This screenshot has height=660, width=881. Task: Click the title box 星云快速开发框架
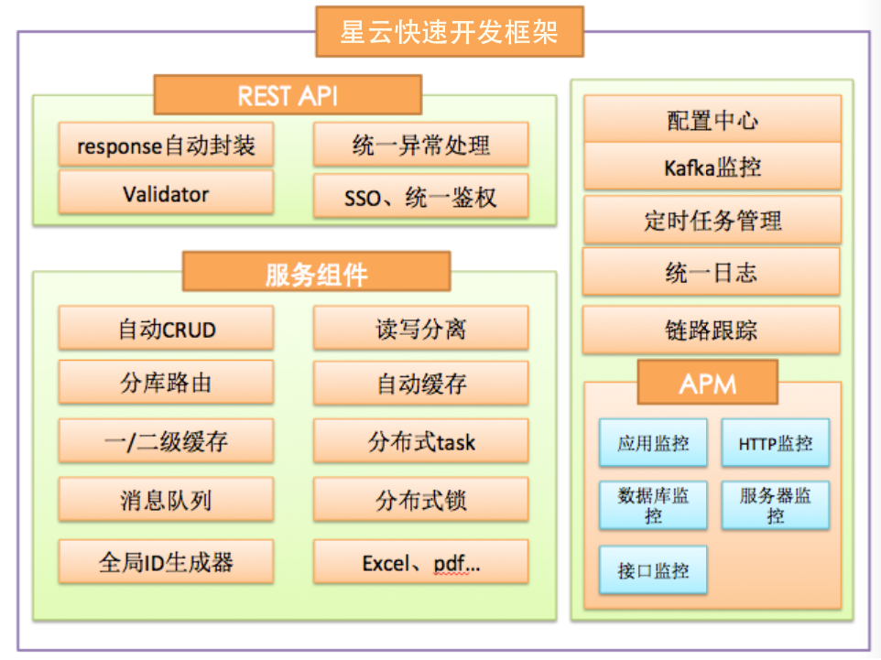(x=450, y=31)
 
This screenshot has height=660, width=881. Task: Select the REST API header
(x=288, y=95)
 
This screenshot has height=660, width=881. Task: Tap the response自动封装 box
(x=167, y=145)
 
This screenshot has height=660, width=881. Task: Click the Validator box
(x=167, y=192)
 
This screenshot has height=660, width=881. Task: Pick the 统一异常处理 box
(x=421, y=145)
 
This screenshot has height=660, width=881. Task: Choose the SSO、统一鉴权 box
(x=421, y=196)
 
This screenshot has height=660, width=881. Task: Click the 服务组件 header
(x=316, y=271)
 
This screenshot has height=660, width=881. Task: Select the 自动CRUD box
(x=167, y=328)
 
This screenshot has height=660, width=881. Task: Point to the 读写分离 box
(x=421, y=328)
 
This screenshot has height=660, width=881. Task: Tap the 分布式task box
(x=421, y=441)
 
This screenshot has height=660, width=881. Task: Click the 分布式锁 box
(x=421, y=500)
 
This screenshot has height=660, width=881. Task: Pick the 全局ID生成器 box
(x=167, y=562)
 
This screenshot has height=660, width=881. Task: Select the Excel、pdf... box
(x=421, y=562)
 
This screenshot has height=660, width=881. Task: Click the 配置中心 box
(x=712, y=118)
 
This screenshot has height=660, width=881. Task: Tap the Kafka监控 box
(x=712, y=167)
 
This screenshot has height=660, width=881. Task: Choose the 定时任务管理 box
(x=712, y=220)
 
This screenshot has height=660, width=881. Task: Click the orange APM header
(x=708, y=383)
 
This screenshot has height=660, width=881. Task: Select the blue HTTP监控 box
(x=776, y=443)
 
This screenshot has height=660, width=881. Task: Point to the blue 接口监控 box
(x=653, y=569)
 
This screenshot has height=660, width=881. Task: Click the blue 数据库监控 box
(x=653, y=505)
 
